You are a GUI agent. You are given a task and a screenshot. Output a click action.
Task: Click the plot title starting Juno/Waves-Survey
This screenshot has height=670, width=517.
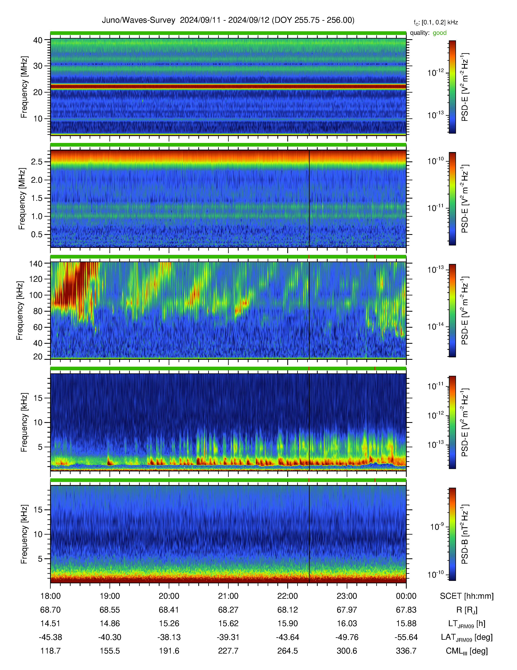228,20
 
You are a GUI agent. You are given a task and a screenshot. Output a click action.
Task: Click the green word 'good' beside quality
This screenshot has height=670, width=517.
440,33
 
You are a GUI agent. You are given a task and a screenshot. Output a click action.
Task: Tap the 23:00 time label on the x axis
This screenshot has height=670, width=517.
347,596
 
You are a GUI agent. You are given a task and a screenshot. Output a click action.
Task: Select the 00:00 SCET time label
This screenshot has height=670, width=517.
406,596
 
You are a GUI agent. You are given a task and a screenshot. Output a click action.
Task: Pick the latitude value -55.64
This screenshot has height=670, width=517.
406,637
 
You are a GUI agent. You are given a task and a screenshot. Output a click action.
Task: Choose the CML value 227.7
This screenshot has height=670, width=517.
228,651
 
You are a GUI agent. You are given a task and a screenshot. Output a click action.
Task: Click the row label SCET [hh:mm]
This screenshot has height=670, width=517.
467,596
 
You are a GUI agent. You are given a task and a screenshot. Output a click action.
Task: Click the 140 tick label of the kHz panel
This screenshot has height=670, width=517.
35,264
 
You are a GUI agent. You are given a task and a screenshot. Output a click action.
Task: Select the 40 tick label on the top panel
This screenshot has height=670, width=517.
38,40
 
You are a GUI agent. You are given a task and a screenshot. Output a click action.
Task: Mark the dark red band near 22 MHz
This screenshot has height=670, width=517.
228,87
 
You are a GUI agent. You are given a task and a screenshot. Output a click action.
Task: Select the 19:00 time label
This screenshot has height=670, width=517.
110,596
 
